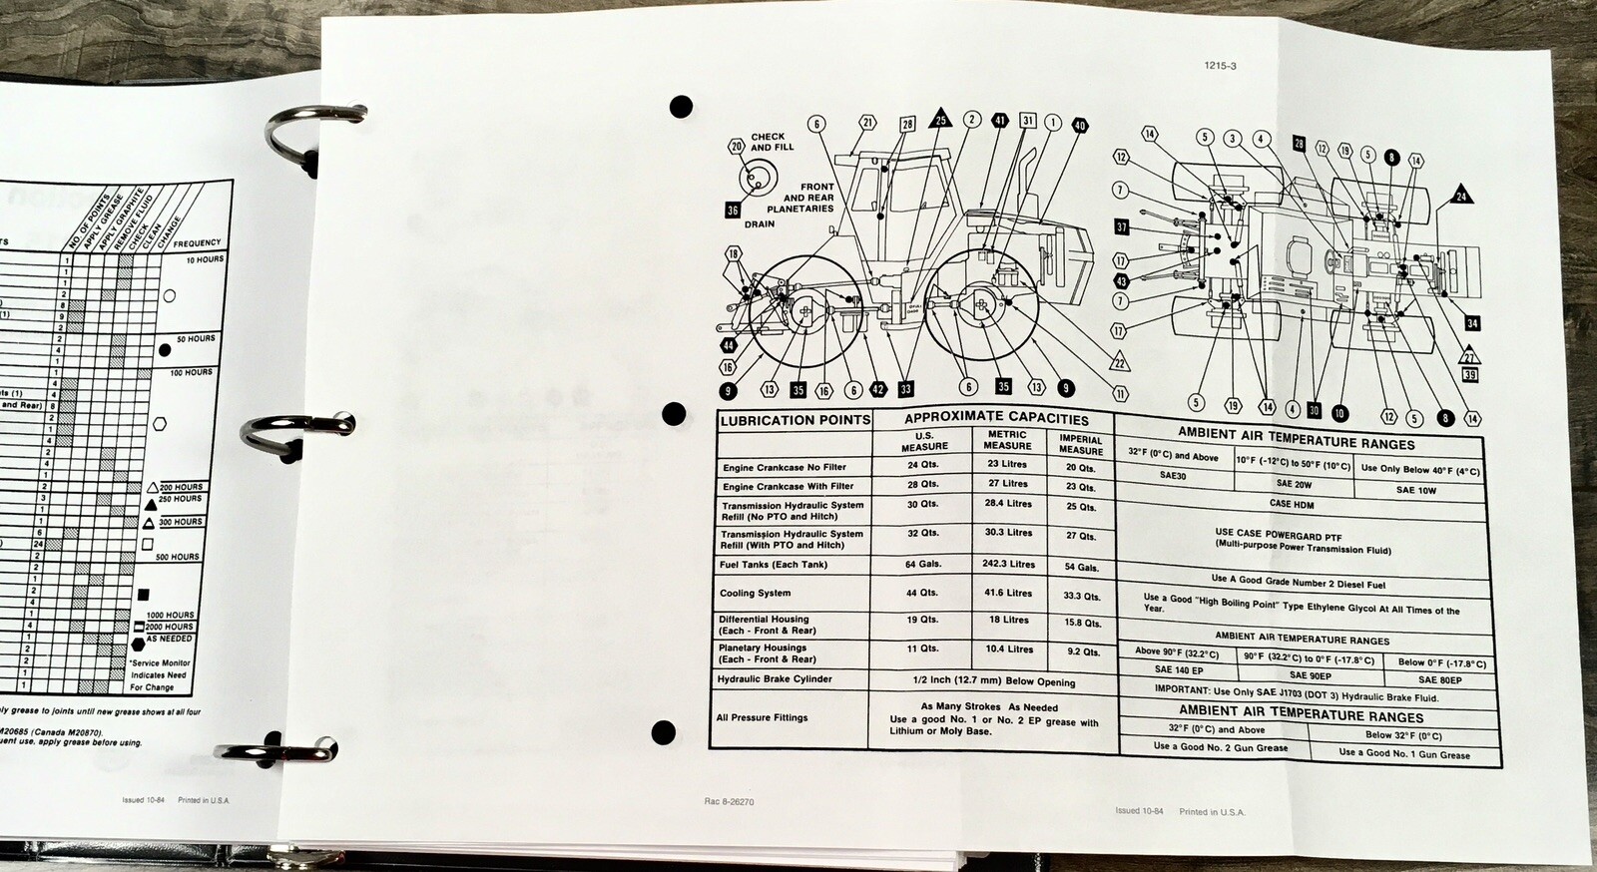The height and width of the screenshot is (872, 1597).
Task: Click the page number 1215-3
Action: pyautogui.click(x=1221, y=67)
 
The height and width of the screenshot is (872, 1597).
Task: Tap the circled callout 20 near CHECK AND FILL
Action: pyautogui.click(x=737, y=147)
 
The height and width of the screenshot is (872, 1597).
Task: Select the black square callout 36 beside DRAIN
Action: pyautogui.click(x=733, y=211)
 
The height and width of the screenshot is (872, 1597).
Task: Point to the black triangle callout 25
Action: pyautogui.click(x=940, y=120)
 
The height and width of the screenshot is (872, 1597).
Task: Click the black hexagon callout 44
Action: pyautogui.click(x=728, y=346)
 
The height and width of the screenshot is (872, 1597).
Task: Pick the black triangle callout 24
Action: pyautogui.click(x=1461, y=195)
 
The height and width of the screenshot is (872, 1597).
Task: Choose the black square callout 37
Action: pyautogui.click(x=1122, y=227)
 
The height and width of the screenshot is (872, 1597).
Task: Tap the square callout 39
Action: pyautogui.click(x=1469, y=375)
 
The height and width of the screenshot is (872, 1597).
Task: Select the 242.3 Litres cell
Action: pyautogui.click(x=1006, y=564)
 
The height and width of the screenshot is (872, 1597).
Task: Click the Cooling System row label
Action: pyautogui.click(x=755, y=593)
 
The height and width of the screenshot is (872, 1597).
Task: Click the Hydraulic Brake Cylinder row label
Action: pyautogui.click(x=774, y=679)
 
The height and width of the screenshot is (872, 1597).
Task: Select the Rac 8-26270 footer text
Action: pyautogui.click(x=729, y=801)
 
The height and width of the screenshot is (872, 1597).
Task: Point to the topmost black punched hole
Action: pyautogui.click(x=681, y=106)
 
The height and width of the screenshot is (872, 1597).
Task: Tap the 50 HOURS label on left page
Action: pyautogui.click(x=196, y=339)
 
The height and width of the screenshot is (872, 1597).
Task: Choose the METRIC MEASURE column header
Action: pyautogui.click(x=1007, y=440)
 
